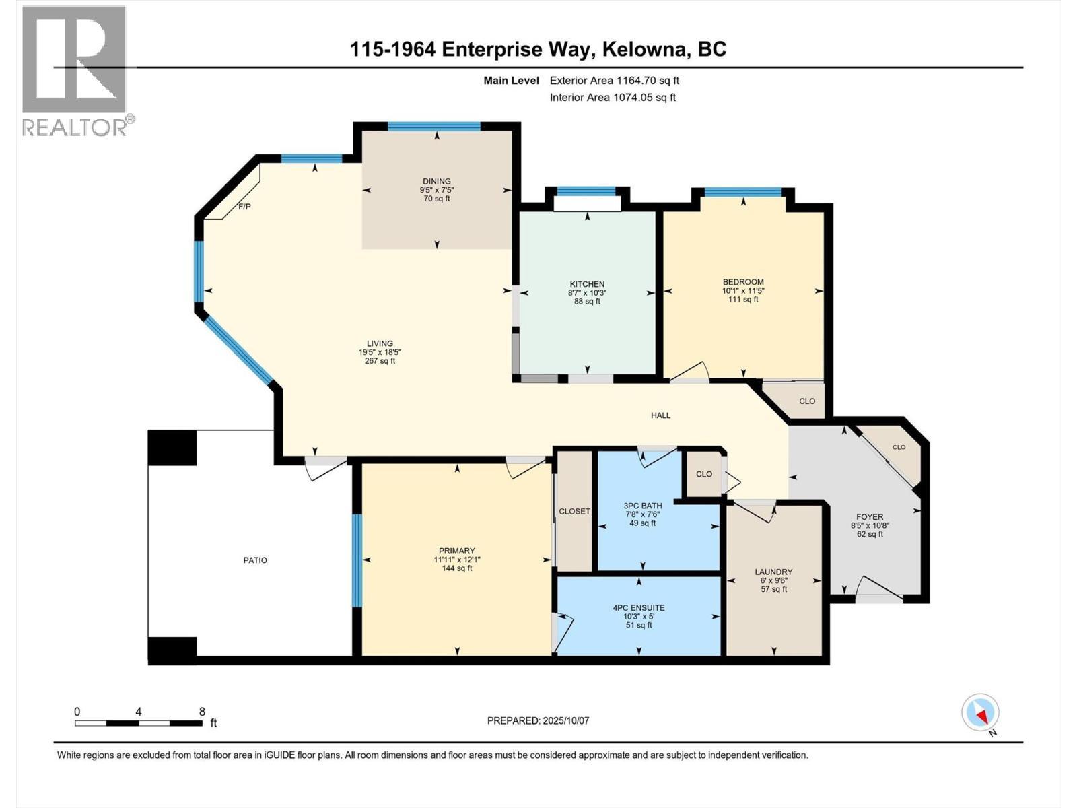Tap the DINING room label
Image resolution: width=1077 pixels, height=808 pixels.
[x=437, y=181]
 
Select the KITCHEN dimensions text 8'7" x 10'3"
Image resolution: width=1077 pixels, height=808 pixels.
[x=587, y=293]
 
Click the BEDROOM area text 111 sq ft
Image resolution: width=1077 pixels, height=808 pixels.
[x=743, y=300]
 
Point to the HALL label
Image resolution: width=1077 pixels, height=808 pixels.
[x=660, y=415]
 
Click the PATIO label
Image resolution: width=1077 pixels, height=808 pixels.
[x=255, y=560]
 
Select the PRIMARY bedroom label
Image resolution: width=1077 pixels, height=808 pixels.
[x=457, y=551]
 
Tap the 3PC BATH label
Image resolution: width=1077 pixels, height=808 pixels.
[x=642, y=506]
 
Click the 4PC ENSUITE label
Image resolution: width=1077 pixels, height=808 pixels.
[x=638, y=607]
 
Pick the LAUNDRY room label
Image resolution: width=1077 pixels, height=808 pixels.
[x=773, y=572]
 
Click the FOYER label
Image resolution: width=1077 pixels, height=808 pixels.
[x=870, y=517]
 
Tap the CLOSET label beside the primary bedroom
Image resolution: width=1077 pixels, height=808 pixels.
[x=574, y=511]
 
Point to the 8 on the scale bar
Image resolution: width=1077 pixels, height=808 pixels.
[x=202, y=711]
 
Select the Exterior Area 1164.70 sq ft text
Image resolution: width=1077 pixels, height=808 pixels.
[x=614, y=81]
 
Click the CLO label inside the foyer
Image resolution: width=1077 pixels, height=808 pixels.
[x=899, y=447]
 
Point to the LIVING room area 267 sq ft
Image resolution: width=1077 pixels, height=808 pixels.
[x=380, y=361]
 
